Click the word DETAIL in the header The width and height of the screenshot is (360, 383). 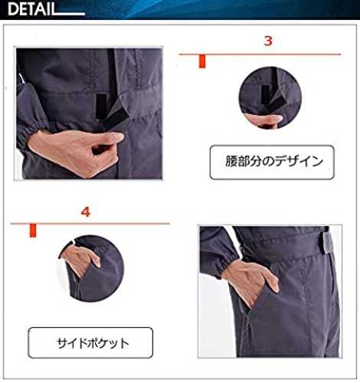pos(31,9)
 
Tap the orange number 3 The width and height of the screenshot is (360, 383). pos(268,41)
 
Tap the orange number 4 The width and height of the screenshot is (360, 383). pos(86,212)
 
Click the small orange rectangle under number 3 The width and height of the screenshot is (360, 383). pos(202,61)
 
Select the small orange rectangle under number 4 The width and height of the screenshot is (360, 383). pos(33,231)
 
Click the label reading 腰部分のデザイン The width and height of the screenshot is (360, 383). pos(272,162)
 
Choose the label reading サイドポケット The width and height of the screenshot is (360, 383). pos(90,342)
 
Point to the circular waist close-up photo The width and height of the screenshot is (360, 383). pos(270,98)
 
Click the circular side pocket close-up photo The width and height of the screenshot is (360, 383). pos(91,268)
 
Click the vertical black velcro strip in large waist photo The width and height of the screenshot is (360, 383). pos(100,106)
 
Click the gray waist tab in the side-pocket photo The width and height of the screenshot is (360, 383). pos(326,242)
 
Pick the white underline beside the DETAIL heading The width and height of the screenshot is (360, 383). pos(70,14)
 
